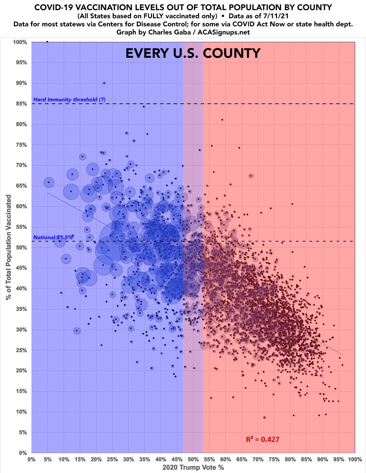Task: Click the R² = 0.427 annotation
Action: tap(262, 440)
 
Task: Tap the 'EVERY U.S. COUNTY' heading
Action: tap(193, 53)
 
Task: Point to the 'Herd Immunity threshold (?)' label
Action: tap(69, 100)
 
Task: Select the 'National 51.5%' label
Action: tap(53, 238)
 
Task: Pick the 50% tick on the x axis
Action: tap(193, 459)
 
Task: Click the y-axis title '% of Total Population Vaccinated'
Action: tap(8, 247)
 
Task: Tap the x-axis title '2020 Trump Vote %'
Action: tap(193, 468)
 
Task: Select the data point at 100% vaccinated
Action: tap(47, 42)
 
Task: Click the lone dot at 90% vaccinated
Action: tap(104, 83)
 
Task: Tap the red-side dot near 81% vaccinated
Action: tap(222, 120)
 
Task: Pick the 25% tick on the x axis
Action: tap(112, 459)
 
